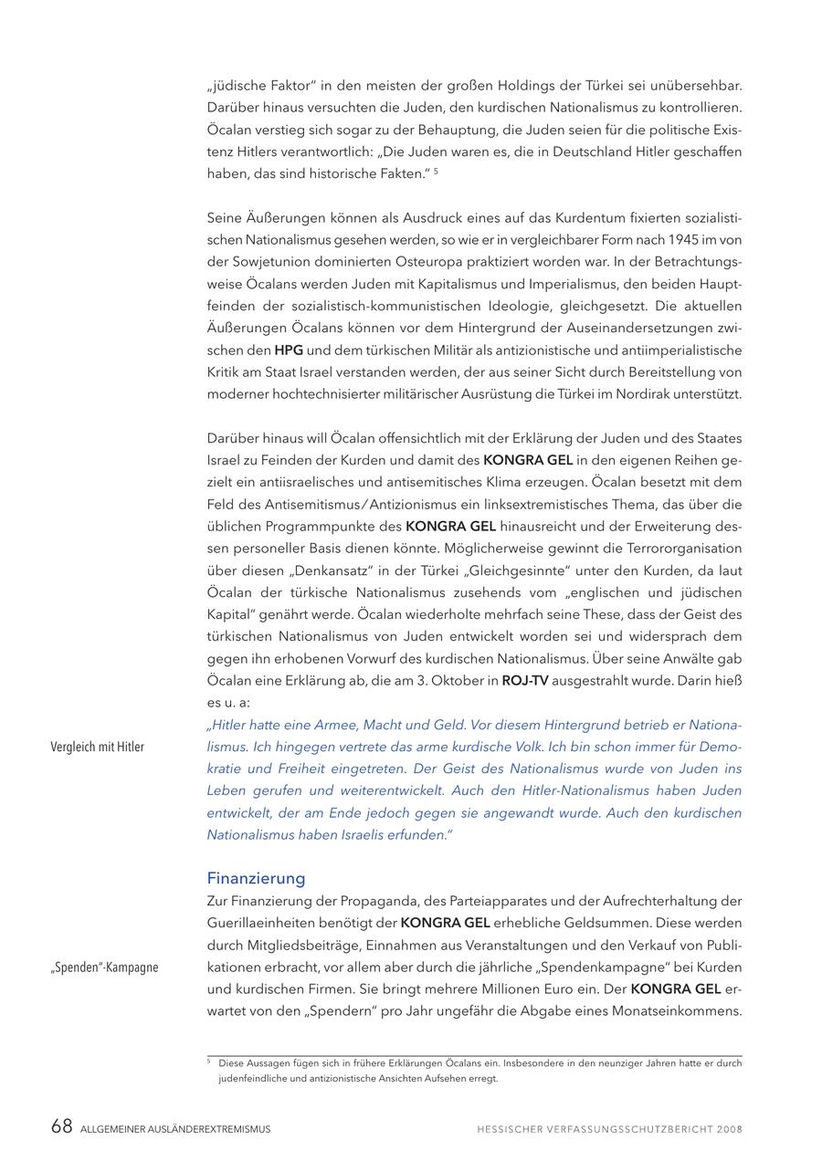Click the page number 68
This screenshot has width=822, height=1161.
(x=61, y=1127)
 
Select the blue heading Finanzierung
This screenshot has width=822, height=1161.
(x=256, y=879)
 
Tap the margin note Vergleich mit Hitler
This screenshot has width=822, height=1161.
(x=97, y=747)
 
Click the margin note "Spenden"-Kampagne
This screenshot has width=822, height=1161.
(x=104, y=967)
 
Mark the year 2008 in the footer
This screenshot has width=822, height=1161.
(x=730, y=1129)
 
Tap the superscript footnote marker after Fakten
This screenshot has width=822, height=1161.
(x=437, y=171)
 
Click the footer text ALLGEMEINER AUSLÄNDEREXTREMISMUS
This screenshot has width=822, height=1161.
(x=175, y=1129)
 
